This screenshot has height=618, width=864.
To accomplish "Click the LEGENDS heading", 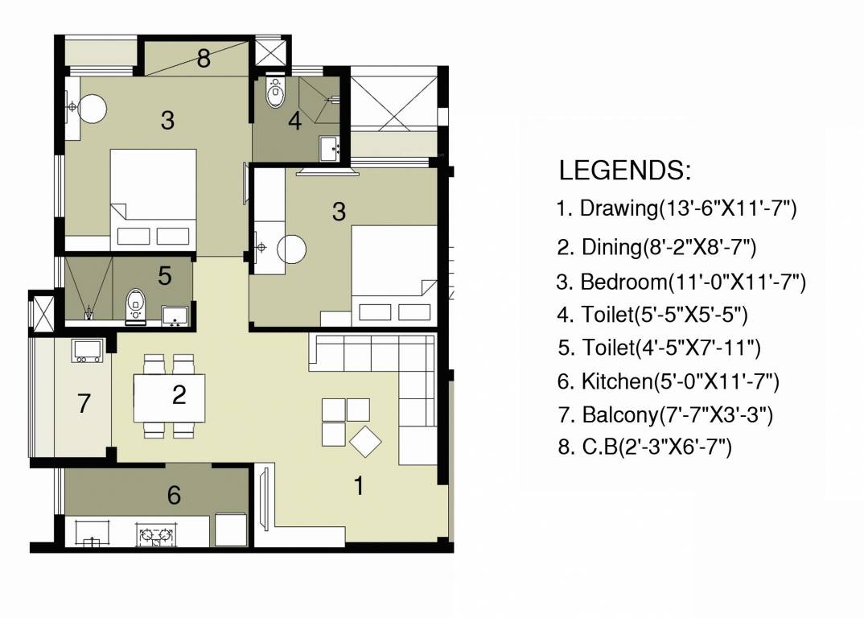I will coord(624,171).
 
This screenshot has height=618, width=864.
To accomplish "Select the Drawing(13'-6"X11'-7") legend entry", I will coord(676,209).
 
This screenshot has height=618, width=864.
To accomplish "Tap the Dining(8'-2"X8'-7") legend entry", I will coord(656,247).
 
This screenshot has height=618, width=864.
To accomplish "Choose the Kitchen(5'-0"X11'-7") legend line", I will coord(668,381).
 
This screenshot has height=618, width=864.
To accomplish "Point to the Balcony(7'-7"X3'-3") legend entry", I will coord(665,415).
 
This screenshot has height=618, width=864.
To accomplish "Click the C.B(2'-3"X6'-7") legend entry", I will coord(644,447).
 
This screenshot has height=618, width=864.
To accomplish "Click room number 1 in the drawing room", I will coord(360,485).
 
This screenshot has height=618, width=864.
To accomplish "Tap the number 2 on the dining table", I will coord(179,394).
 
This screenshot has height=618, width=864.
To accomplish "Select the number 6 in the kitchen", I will coord(174,496).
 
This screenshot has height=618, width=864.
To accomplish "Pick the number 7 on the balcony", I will coord(84,404).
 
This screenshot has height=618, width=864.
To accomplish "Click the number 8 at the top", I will coord(204,59).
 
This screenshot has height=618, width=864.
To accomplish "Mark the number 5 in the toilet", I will coord(164,276).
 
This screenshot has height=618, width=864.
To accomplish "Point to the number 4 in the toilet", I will coord(295,122).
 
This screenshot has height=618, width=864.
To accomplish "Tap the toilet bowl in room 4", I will coord(276,92).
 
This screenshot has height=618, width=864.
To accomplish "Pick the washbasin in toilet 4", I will coord(330,148).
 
